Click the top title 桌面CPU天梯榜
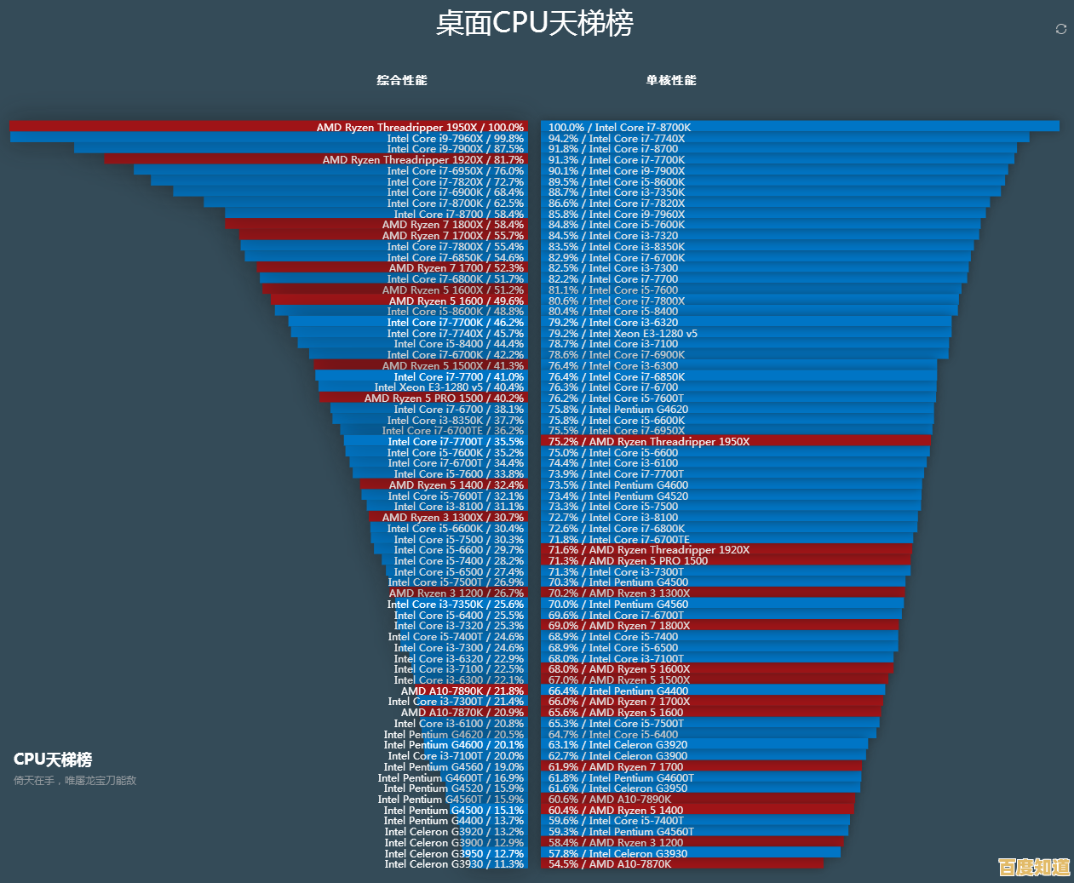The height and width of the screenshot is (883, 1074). click(x=535, y=23)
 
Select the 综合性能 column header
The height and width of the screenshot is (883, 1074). click(x=402, y=80)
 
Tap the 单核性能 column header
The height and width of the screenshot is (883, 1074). click(x=671, y=80)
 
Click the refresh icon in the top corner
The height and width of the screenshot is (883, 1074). click(x=1060, y=29)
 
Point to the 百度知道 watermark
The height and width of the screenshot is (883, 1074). click(x=1034, y=867)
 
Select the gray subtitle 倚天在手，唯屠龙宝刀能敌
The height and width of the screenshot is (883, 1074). click(x=75, y=780)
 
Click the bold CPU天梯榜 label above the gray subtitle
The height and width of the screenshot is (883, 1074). click(x=53, y=760)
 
